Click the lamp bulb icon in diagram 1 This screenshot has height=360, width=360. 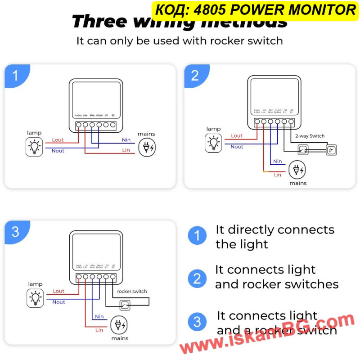click(x=34, y=147)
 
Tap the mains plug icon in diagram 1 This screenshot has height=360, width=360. click(x=147, y=147)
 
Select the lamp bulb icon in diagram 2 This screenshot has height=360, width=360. click(x=213, y=143)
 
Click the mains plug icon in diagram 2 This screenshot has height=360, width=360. click(x=297, y=170)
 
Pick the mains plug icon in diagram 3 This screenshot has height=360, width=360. click(x=119, y=325)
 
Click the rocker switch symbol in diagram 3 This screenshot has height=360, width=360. click(x=125, y=306)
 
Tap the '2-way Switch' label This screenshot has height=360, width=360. click(x=310, y=135)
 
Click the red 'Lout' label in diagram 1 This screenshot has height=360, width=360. click(x=58, y=140)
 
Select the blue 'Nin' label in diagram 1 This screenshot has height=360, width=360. click(x=126, y=139)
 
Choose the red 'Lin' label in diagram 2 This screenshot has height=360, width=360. click(x=277, y=175)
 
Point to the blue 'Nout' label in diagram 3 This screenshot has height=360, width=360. click(x=58, y=302)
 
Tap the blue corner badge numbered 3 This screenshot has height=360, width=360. click(x=16, y=232)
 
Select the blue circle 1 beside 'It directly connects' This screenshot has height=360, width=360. click(x=197, y=235)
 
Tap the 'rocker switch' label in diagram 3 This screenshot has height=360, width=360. click(x=132, y=291)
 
